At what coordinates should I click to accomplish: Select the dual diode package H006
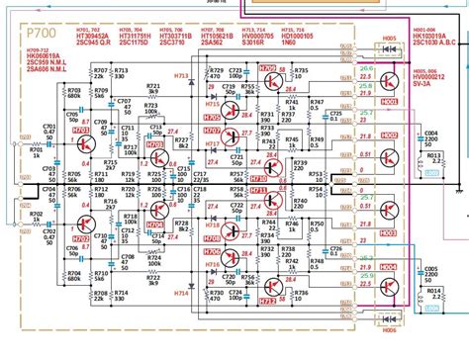[388, 319]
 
